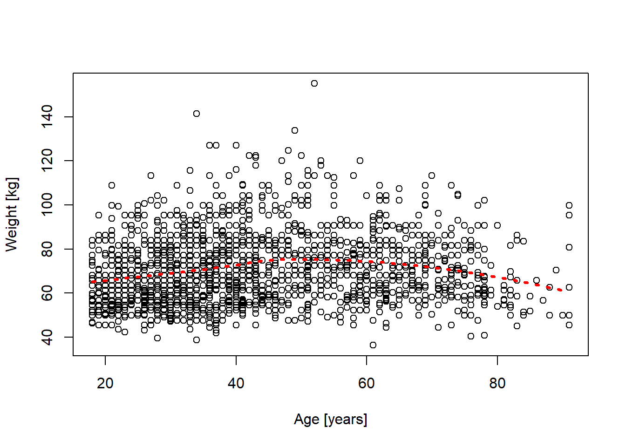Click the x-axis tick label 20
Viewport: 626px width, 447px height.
[x=105, y=383]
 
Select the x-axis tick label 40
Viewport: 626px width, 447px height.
[x=236, y=383]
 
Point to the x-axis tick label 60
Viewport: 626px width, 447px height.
[x=367, y=383]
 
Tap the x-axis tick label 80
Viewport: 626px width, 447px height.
[x=497, y=383]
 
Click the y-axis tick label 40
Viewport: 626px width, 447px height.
[x=47, y=337]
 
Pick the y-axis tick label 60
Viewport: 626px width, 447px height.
[x=47, y=293]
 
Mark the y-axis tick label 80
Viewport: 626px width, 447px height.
[x=47, y=249]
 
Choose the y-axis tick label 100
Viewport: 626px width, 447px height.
[x=47, y=205]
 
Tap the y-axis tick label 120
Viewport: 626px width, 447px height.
[x=47, y=161]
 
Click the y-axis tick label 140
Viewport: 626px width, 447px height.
[x=47, y=116]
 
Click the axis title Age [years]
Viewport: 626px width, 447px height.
[x=330, y=420]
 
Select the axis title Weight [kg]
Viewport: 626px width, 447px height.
[x=12, y=214]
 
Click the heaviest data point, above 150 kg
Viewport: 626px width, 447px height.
[x=314, y=83]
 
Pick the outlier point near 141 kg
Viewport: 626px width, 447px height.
[x=197, y=114]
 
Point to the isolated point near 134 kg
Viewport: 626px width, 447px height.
[x=295, y=130]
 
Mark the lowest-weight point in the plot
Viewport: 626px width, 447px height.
[x=373, y=345]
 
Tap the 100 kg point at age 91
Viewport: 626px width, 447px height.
[x=569, y=205]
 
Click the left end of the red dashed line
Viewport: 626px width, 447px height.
[x=93, y=282]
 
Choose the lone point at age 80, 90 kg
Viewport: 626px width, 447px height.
[x=497, y=225]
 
